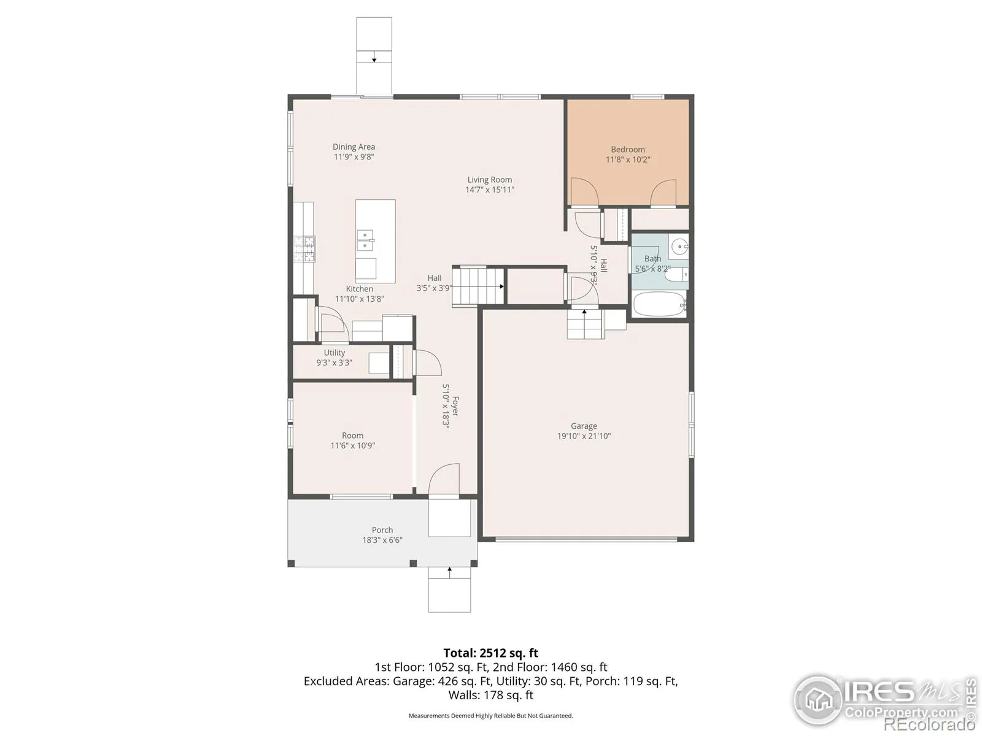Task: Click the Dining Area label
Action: pos(354,147)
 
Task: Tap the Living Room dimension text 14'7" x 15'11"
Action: pos(489,190)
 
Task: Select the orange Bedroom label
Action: pos(628,149)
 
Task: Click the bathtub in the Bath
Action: pos(659,304)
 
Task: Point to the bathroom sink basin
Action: pos(680,246)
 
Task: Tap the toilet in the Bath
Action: pos(676,274)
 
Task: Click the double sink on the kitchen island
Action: pos(365,241)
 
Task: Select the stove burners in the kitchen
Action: pos(304,249)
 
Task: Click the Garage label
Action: pos(584,426)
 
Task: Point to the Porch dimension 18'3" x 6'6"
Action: pos(382,540)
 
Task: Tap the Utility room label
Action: pos(334,353)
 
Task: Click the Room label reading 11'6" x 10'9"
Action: pos(352,445)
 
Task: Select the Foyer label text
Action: pos(455,406)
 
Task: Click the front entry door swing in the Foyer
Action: pos(443,479)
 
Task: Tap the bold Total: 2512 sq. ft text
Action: pos(491,653)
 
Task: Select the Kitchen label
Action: pos(359,289)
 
